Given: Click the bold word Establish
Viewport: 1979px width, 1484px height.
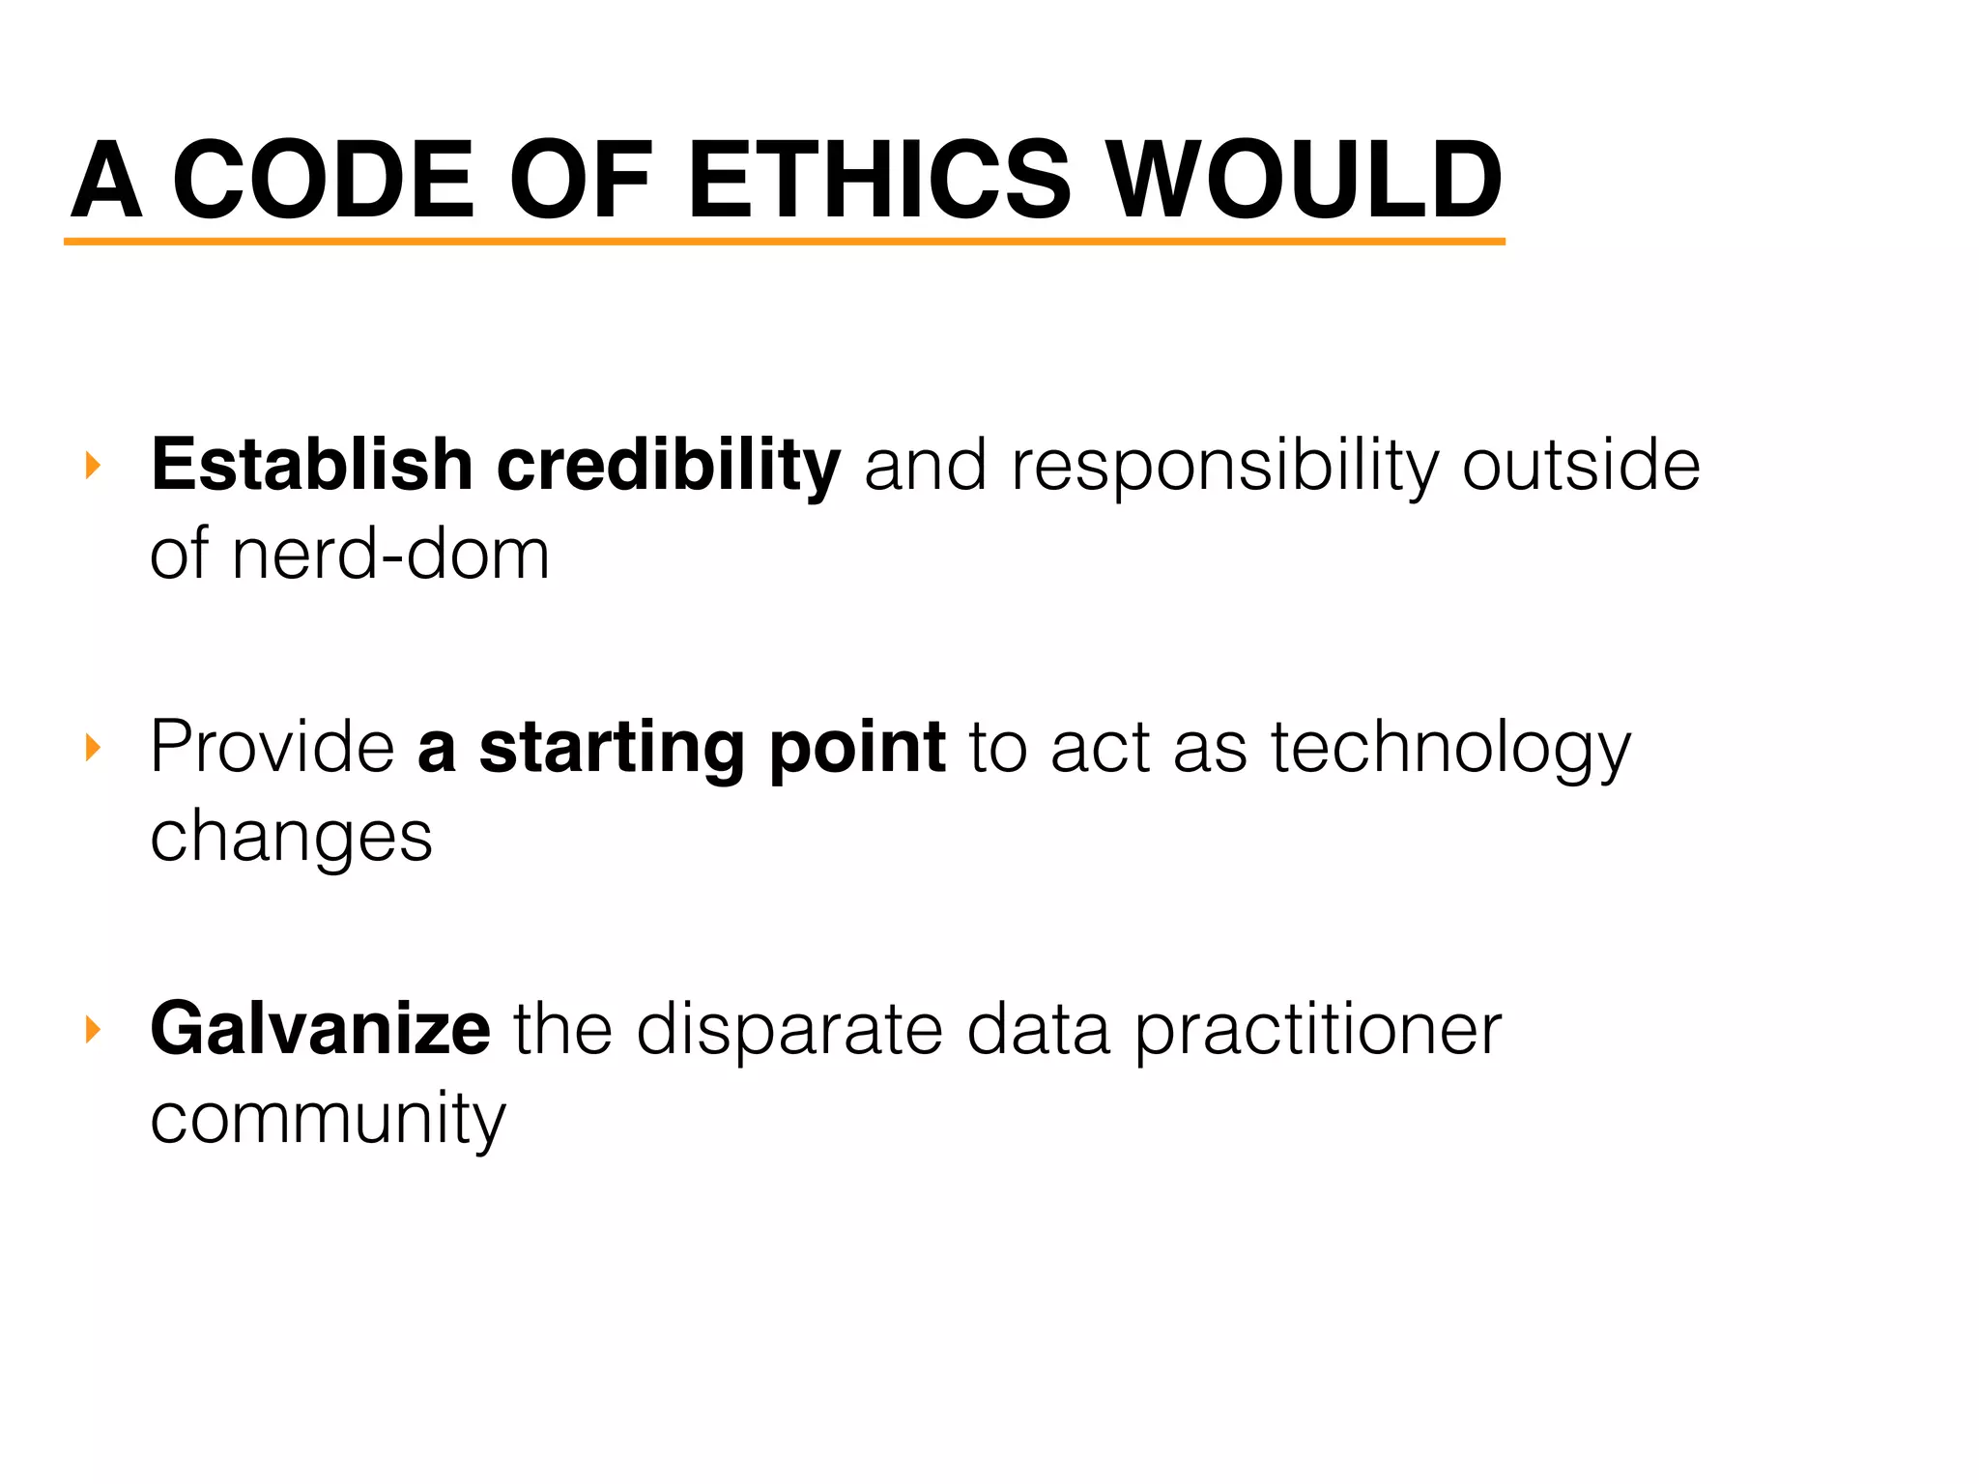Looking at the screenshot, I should point(311,465).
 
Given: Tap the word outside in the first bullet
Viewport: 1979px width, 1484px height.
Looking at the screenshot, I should point(1581,465).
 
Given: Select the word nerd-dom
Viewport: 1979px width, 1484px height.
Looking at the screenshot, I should point(390,555).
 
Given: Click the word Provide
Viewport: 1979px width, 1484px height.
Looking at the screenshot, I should point(272,747).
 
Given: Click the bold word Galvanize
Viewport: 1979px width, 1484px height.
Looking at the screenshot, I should point(320,1029).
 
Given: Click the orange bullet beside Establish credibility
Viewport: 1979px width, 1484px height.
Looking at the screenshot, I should point(93,466).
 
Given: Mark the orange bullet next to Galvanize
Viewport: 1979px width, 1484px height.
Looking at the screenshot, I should point(93,1029).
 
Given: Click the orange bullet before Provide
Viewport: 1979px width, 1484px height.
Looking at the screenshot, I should point(93,747).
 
